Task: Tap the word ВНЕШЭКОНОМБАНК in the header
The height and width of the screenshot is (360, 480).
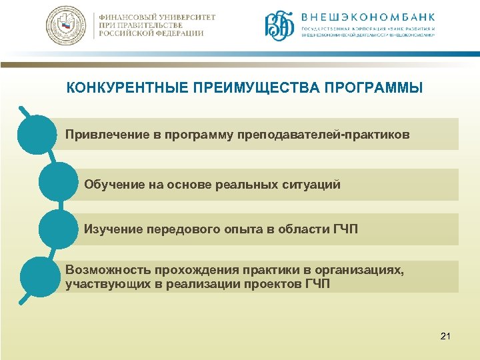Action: point(368,17)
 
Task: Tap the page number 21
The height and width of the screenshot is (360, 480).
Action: point(445,337)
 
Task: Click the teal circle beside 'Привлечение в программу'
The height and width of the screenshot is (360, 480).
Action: point(37,134)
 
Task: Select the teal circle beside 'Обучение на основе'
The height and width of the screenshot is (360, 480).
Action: point(59,181)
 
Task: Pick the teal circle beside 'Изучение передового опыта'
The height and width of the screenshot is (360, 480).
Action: point(59,229)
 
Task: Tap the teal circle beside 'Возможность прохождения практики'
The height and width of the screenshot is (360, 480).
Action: point(40,276)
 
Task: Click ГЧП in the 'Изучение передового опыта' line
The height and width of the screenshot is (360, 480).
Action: point(345,229)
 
